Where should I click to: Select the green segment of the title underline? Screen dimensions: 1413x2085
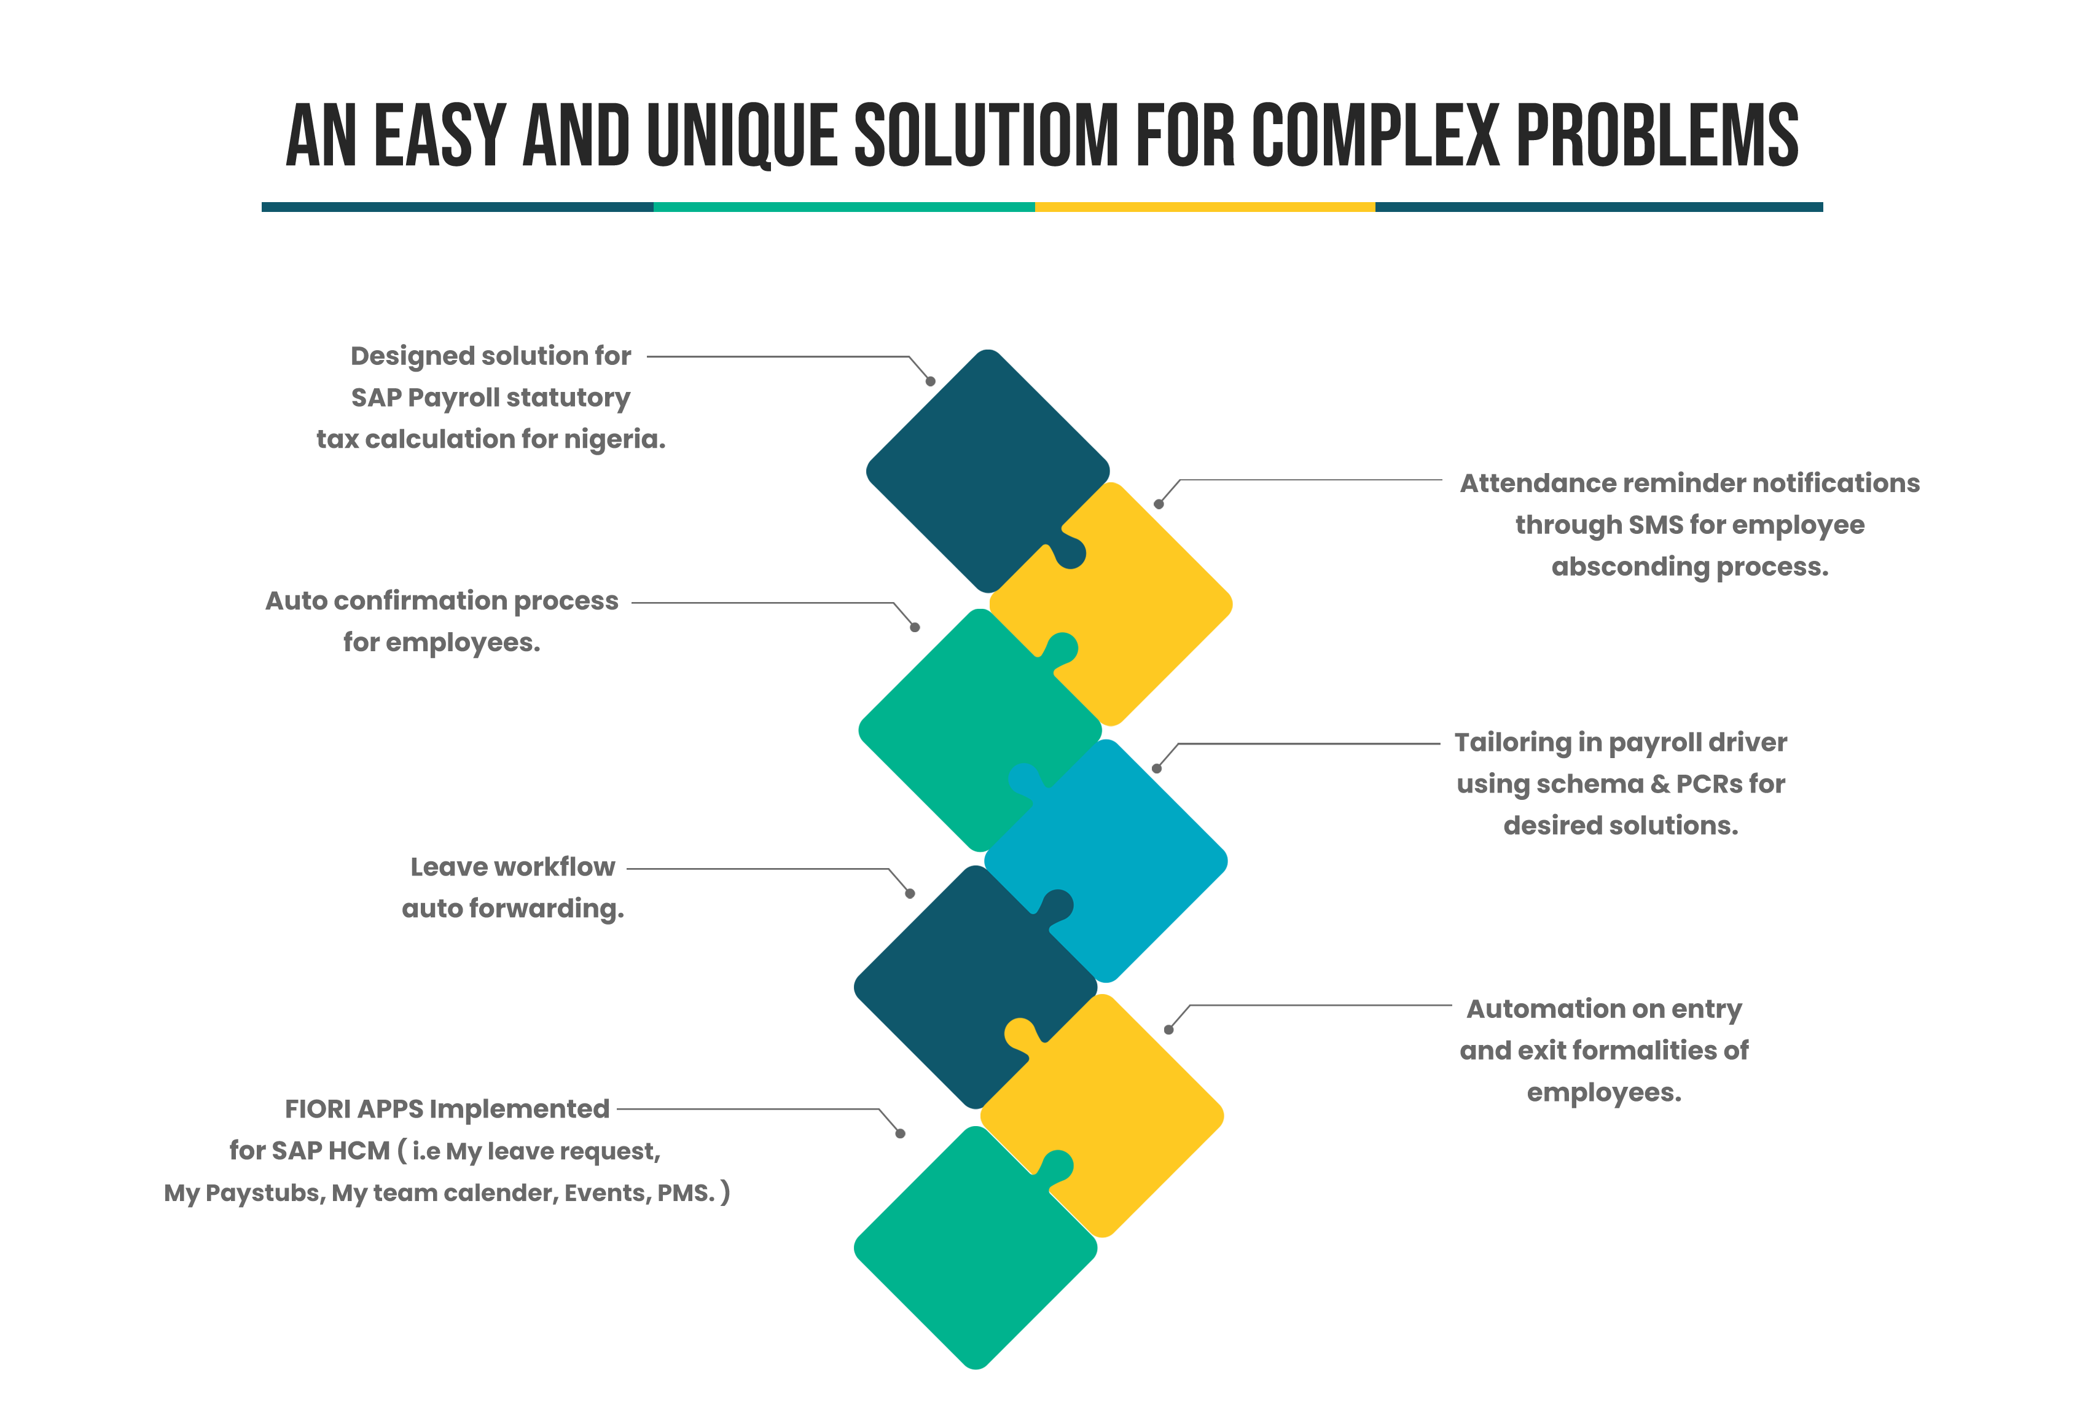tap(843, 206)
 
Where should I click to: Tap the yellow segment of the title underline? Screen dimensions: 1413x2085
tap(1204, 206)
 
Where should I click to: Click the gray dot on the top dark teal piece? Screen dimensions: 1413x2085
tap(930, 382)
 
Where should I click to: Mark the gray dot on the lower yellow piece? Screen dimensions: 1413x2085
tap(1168, 1029)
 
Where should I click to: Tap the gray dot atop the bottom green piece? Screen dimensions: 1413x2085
tap(900, 1133)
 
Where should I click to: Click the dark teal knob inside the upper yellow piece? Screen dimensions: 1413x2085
tap(1070, 554)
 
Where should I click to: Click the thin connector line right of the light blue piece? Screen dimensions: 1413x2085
tap(1346, 744)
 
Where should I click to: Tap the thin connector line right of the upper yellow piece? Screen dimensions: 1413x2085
tap(1346, 480)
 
